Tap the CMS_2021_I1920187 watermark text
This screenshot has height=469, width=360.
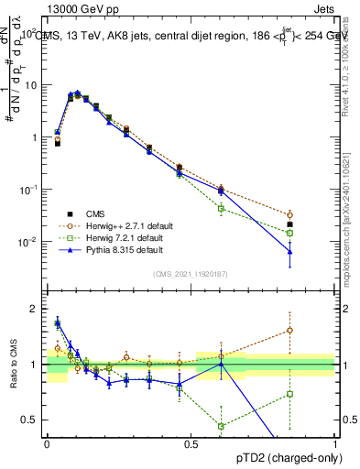(191, 272)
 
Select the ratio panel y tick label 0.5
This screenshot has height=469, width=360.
(31, 420)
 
